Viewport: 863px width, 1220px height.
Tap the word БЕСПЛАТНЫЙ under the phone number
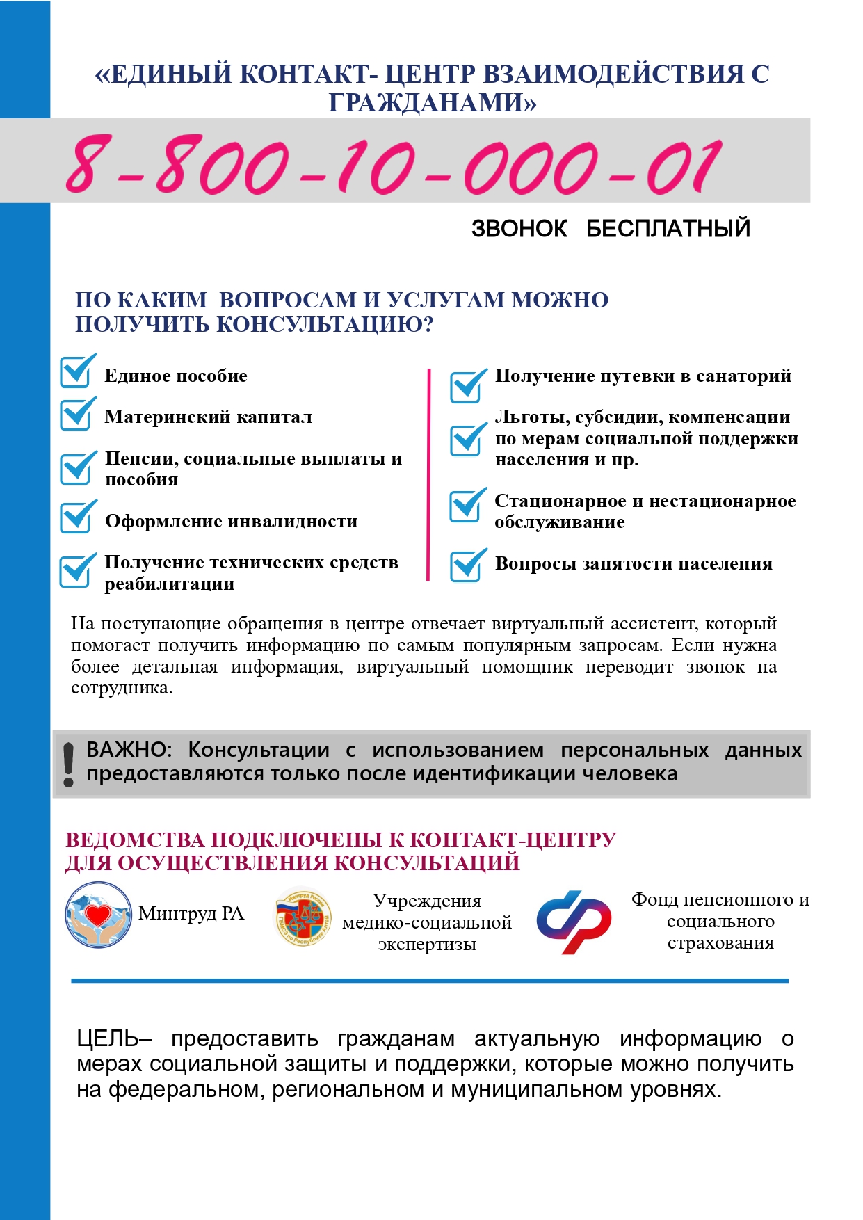(x=668, y=228)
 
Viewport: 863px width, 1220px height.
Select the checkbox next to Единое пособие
(x=76, y=372)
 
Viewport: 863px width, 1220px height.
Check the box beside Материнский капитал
(x=76, y=415)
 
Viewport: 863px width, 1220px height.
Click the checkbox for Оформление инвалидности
(x=76, y=517)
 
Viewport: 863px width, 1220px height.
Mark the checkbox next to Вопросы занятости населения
(x=467, y=565)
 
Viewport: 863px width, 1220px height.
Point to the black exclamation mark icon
(x=68, y=764)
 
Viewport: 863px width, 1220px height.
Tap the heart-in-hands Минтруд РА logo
(x=98, y=915)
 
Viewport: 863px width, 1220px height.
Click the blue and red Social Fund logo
(x=574, y=921)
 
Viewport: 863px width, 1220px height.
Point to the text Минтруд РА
(x=191, y=913)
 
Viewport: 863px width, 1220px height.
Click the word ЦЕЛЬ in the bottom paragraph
(x=108, y=1038)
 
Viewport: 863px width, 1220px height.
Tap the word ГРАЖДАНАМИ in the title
(x=431, y=102)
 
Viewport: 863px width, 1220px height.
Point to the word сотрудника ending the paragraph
(x=121, y=688)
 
